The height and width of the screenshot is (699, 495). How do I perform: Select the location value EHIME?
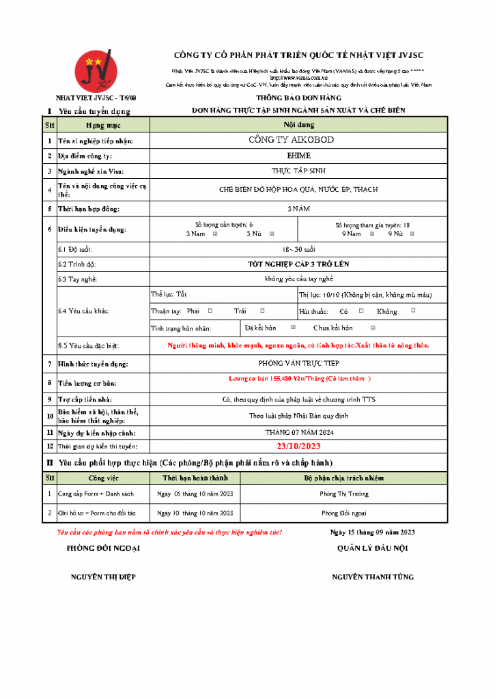pos(298,156)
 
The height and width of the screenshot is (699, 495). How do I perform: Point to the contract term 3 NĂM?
pos(298,208)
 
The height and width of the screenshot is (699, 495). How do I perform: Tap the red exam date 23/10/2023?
pos(298,446)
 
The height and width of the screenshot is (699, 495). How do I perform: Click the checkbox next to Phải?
pos(210,311)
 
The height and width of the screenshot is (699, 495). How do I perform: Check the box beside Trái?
pos(257,311)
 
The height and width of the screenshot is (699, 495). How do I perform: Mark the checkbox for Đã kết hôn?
pos(293,328)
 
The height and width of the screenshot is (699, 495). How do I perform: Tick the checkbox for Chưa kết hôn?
pos(371,328)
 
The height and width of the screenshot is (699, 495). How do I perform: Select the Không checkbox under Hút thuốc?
pos(413,311)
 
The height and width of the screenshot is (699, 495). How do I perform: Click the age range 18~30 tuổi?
pos(298,249)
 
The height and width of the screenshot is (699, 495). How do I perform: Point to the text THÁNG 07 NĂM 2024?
pos(298,432)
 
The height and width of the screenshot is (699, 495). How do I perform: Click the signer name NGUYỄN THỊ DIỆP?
pos(103,577)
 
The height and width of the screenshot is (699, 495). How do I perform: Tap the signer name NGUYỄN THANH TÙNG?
pos(373,577)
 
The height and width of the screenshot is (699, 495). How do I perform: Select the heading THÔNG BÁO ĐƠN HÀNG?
pos(298,99)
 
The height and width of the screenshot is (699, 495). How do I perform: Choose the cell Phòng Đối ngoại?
pos(344,512)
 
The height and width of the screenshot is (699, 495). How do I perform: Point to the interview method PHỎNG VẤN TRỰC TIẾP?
pos(298,364)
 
